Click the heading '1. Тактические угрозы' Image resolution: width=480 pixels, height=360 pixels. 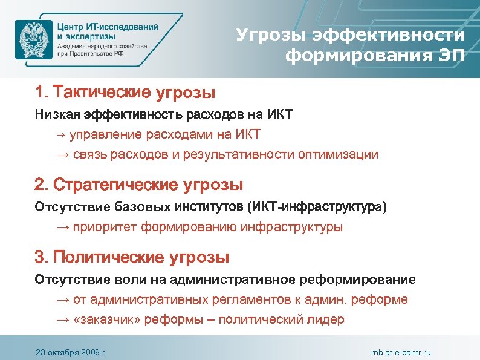point(125,93)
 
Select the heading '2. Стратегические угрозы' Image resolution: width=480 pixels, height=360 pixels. point(139,184)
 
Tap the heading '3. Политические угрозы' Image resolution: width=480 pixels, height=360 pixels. point(132,257)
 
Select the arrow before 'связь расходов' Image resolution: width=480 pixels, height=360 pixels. point(63,154)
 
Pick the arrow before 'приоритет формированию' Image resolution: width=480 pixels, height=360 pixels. point(63,227)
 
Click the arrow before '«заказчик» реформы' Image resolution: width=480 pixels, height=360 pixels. point(63,320)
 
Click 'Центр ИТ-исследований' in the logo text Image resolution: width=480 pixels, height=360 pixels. point(108,27)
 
